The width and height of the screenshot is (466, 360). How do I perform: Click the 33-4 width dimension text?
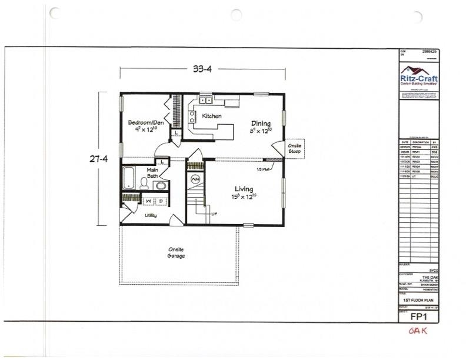202,69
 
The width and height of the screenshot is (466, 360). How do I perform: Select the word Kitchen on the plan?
212,116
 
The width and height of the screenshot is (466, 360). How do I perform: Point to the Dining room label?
261,124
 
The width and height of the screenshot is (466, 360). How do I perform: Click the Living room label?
243,189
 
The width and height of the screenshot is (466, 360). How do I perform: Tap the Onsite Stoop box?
294,149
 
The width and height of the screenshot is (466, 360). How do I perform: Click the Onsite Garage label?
176,253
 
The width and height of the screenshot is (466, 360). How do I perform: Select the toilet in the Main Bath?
144,183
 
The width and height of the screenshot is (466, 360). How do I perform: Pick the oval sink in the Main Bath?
160,186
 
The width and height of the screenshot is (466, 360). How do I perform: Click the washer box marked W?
147,201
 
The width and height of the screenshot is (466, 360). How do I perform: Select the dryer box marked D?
161,201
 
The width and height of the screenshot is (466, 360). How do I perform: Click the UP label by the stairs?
214,214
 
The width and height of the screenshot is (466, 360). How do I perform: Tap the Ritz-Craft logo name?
419,78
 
